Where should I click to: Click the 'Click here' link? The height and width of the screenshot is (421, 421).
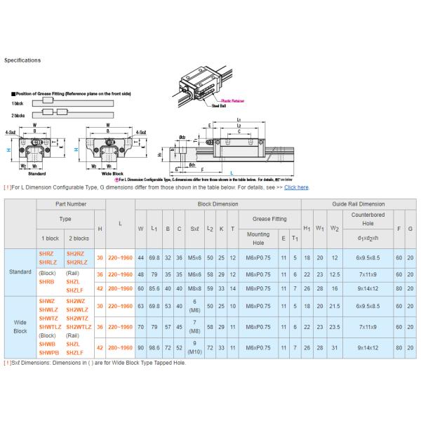[x=296, y=187]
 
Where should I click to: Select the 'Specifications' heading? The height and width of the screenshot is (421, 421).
[x=22, y=60]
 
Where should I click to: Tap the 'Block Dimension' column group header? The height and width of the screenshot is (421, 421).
[x=218, y=203]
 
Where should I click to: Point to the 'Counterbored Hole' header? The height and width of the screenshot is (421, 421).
[x=363, y=218]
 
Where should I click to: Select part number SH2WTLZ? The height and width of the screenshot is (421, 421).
[x=77, y=326]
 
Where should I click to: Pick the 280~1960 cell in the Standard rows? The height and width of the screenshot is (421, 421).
[x=121, y=288]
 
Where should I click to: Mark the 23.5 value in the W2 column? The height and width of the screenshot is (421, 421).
[x=335, y=327]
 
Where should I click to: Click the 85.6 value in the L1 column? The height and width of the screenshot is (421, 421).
[x=154, y=288]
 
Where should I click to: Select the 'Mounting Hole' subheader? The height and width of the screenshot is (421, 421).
[x=258, y=239]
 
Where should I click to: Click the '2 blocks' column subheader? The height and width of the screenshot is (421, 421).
[x=77, y=239]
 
